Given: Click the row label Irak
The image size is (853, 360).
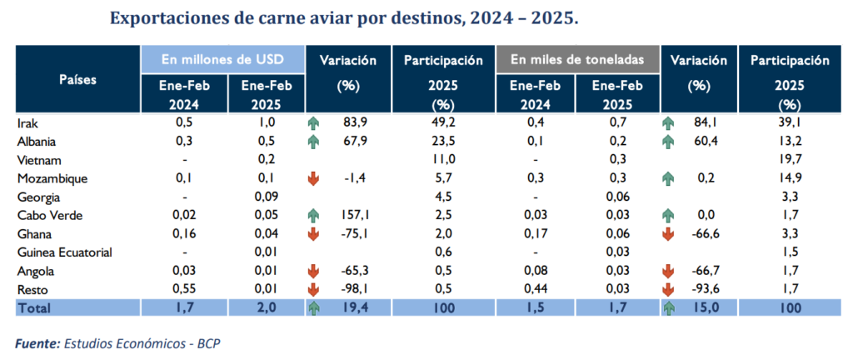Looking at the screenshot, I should [27, 122].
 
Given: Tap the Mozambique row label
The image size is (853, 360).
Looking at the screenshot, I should [52, 177].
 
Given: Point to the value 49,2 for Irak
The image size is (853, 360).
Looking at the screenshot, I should [442, 122].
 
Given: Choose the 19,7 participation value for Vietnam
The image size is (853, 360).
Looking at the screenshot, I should [788, 159].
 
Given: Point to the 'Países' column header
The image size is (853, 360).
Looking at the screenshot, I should [77, 80].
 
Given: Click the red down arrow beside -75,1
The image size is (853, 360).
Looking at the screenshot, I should [314, 233].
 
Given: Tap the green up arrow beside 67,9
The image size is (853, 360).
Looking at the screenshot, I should [314, 141].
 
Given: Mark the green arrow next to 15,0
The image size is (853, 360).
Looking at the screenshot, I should [671, 307].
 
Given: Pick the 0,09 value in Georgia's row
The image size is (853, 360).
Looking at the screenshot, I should [266, 197].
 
